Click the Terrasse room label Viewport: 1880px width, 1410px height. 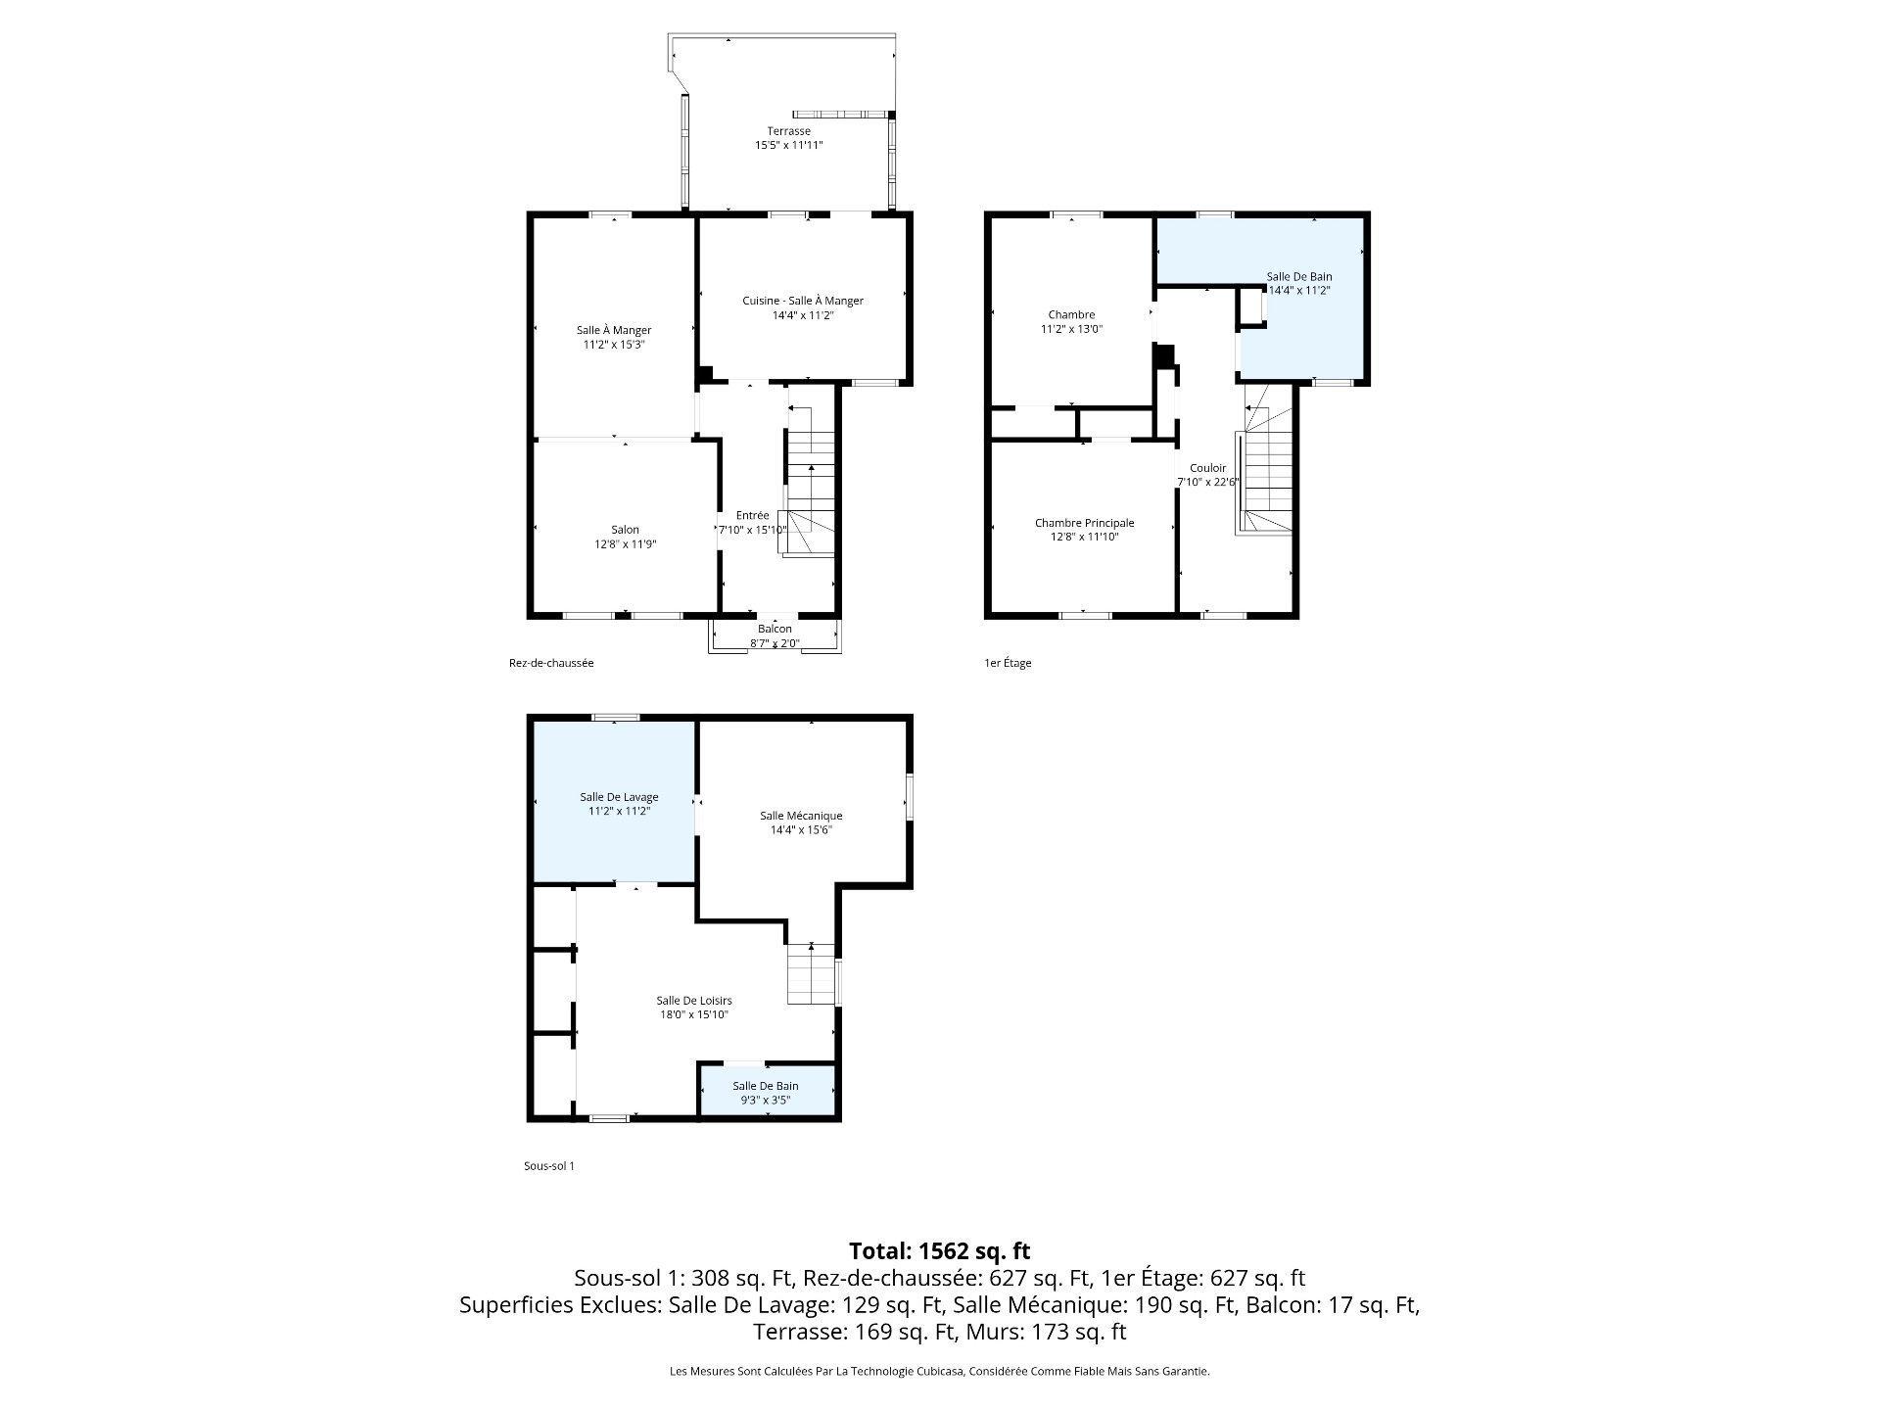click(x=788, y=131)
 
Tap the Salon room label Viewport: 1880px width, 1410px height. click(x=625, y=530)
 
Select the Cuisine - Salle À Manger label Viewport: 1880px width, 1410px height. click(x=803, y=301)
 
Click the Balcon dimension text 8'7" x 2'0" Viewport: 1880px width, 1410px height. click(x=775, y=643)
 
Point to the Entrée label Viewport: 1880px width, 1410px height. click(x=752, y=515)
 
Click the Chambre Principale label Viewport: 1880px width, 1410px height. click(x=1084, y=523)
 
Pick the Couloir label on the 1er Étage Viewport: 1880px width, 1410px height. click(x=1207, y=468)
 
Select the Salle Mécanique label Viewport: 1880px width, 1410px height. click(x=801, y=816)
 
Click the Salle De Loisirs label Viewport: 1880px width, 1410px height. click(x=694, y=1001)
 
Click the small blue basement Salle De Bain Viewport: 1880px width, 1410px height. click(x=768, y=1091)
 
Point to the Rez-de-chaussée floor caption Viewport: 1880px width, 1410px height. click(x=551, y=663)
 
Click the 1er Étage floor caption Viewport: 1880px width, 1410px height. click(x=1008, y=663)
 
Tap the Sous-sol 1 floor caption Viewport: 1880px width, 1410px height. click(x=549, y=1166)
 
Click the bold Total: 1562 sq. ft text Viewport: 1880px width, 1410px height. click(x=940, y=1250)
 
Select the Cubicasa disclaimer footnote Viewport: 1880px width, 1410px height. click(x=940, y=1372)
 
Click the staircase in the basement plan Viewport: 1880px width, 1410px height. click(x=812, y=973)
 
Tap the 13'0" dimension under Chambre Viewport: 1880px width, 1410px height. click(x=1089, y=329)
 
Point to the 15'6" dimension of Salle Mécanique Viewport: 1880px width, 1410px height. click(x=817, y=830)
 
